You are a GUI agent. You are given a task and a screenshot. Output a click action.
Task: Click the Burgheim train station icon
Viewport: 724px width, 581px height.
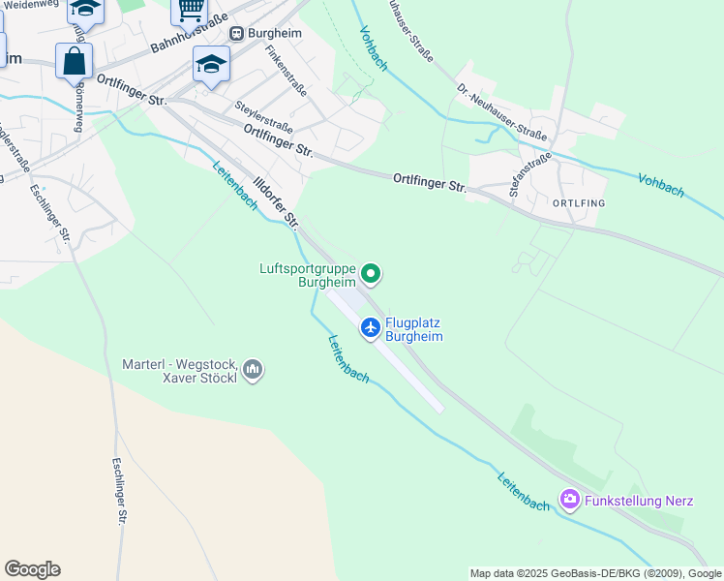pos(236,32)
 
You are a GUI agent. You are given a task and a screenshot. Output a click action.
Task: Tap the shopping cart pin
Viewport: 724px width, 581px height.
pos(190,11)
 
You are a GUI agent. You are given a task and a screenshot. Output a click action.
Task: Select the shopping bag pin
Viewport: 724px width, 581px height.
pos(74,61)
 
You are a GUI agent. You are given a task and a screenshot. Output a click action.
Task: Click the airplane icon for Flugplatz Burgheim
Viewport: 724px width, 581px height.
pos(370,328)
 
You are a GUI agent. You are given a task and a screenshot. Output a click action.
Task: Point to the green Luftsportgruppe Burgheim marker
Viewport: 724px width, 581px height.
pos(370,276)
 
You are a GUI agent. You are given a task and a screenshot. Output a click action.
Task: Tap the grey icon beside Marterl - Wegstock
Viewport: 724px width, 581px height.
pos(253,369)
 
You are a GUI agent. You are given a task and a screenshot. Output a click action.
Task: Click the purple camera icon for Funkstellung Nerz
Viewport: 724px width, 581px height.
pos(570,500)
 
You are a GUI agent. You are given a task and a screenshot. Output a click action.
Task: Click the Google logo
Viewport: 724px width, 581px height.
pos(32,569)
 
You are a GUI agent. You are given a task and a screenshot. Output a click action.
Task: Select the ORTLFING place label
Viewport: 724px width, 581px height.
pos(578,203)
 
